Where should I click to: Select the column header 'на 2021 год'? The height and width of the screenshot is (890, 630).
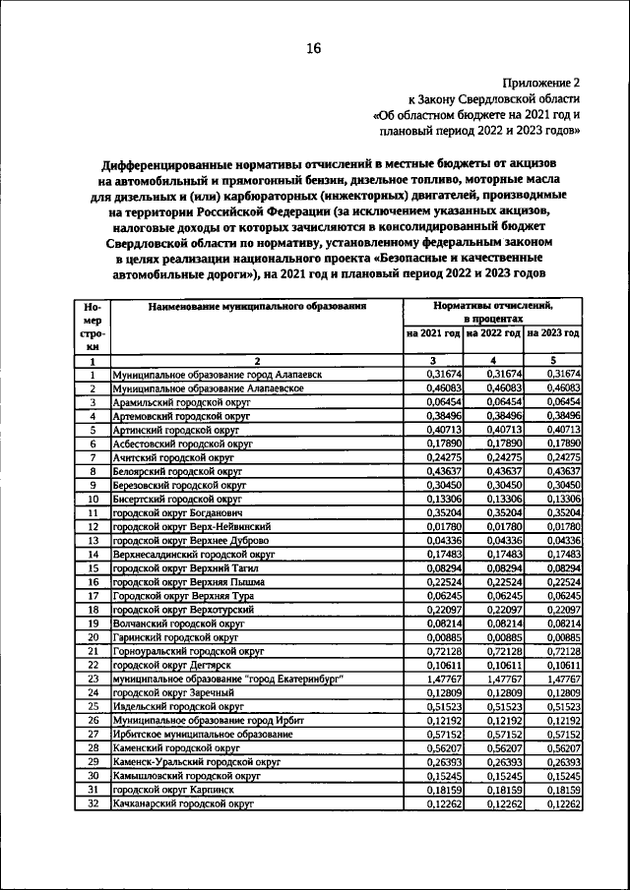[434, 334]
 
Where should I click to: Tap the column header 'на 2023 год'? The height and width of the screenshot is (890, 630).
[553, 334]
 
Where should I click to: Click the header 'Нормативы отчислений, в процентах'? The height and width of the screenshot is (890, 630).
[493, 313]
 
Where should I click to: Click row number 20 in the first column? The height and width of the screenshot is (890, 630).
[92, 637]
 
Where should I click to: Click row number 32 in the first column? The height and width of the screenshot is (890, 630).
[92, 803]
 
